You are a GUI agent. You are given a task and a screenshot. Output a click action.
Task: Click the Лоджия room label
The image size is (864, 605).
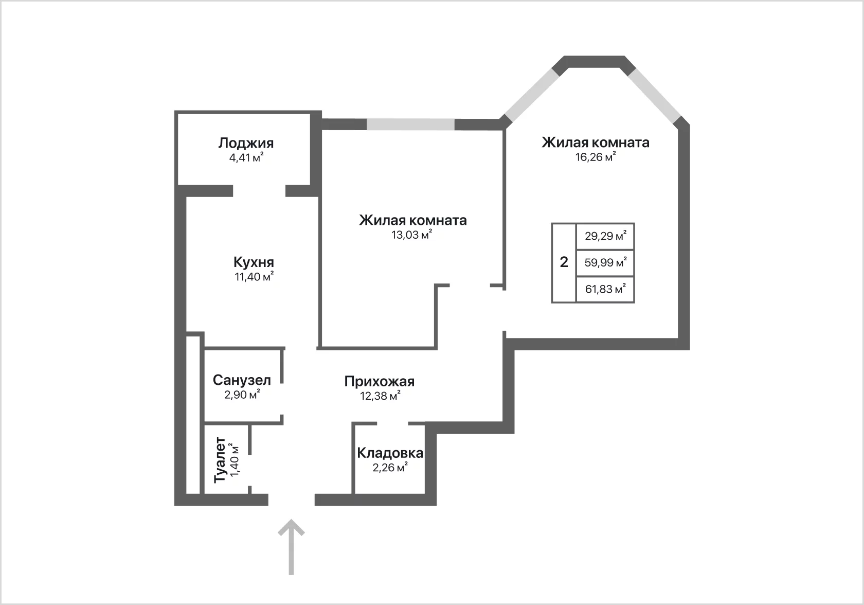point(246,144)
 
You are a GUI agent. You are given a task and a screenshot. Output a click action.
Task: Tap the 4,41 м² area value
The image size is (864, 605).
point(246,157)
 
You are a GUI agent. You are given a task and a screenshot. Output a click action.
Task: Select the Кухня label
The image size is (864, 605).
point(254,262)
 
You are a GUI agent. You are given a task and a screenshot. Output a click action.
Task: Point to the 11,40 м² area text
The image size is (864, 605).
point(254,276)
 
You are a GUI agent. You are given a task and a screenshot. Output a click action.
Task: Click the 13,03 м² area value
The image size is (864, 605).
point(411,235)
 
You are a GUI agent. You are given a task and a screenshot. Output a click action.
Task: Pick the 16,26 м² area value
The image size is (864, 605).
point(596,156)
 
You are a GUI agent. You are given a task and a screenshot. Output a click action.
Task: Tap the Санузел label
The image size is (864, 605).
point(242,380)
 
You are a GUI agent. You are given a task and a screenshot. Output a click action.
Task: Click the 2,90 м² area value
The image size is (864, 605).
point(242,394)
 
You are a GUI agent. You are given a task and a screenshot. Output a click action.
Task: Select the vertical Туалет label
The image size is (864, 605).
point(220,459)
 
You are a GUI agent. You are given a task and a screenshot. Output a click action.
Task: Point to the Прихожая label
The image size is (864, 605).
point(380,382)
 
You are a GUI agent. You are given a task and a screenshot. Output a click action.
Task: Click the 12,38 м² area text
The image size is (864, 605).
point(381,396)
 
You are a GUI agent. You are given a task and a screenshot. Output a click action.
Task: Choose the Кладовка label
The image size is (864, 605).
point(390,453)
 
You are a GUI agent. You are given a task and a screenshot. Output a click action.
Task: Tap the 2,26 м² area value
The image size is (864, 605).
point(390,467)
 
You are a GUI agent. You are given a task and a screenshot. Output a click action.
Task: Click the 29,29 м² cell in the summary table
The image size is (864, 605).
point(605,236)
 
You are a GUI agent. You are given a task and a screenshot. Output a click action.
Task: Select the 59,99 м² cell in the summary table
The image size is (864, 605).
point(605,262)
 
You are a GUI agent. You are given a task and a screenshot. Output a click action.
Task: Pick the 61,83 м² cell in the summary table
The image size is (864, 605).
point(605,289)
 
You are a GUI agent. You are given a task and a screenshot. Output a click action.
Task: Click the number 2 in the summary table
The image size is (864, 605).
point(564,262)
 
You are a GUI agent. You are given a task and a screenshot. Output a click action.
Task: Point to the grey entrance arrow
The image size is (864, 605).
point(291,547)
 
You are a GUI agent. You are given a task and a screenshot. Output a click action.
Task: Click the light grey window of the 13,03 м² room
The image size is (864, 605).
point(410,124)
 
